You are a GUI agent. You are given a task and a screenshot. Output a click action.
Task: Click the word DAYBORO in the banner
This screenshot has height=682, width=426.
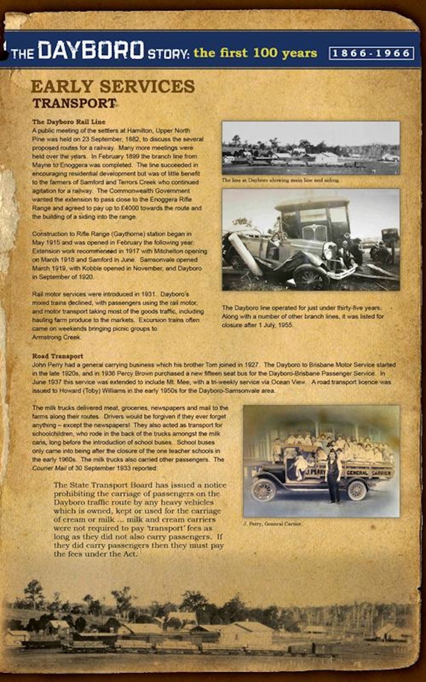point(91,51)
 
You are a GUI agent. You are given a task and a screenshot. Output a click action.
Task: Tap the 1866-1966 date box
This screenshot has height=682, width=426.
point(371,53)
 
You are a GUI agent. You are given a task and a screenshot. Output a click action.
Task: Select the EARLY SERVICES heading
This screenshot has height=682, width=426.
point(113,87)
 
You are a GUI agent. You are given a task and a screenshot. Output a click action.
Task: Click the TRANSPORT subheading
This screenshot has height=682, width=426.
point(74,103)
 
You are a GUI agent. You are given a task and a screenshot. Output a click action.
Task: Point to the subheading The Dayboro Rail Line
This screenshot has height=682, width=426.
point(69,122)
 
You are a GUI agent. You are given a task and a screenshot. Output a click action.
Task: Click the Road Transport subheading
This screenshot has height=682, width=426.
point(57,356)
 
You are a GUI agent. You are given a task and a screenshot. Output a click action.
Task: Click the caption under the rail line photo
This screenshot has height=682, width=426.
point(280,180)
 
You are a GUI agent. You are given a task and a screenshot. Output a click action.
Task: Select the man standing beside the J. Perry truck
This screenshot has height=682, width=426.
point(334,476)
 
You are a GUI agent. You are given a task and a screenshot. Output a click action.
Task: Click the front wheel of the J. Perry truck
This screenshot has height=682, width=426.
point(263,490)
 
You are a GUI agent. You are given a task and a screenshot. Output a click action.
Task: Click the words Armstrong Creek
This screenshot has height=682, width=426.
point(57,337)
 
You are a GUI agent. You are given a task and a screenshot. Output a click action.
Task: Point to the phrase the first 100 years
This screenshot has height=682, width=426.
point(255,53)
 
